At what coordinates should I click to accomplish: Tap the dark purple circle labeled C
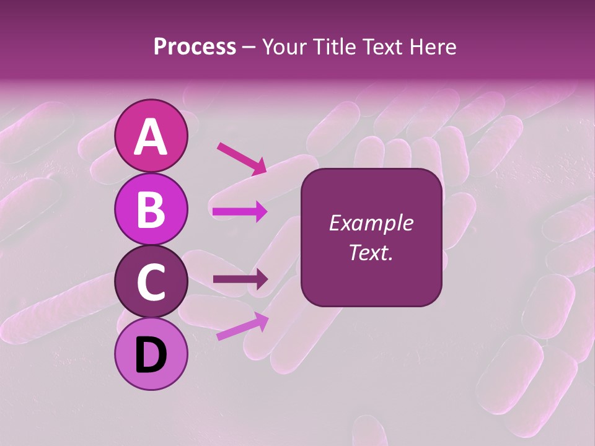(151, 281)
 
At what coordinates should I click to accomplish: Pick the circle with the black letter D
(151, 354)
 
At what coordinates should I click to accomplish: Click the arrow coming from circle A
(242, 158)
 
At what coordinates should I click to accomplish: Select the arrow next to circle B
(240, 212)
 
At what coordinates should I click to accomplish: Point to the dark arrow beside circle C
(240, 279)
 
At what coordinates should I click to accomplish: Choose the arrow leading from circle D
(242, 326)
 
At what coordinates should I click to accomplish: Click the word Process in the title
(195, 47)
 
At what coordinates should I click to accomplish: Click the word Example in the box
(371, 223)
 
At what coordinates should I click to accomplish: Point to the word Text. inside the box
(371, 252)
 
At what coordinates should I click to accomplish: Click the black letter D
(151, 354)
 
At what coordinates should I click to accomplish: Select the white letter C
(151, 282)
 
